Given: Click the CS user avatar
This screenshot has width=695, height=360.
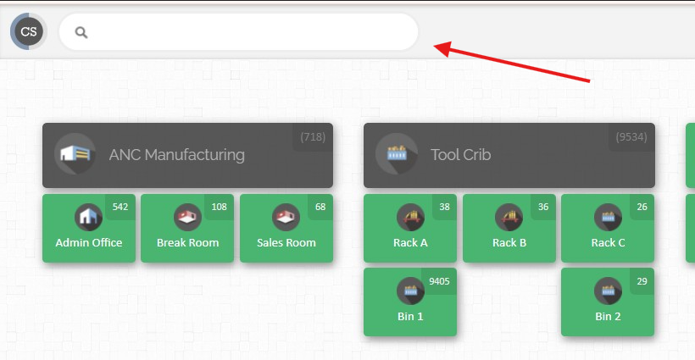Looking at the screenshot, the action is [x=28, y=31].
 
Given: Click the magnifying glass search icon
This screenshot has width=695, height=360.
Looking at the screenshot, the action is [x=81, y=32].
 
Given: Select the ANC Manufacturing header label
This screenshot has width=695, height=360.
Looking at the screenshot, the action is [x=177, y=154].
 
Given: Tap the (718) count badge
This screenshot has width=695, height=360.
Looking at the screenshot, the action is [x=313, y=137].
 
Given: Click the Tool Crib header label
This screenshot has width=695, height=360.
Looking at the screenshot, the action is [x=460, y=154].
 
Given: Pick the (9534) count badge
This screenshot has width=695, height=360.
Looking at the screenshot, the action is [x=631, y=137].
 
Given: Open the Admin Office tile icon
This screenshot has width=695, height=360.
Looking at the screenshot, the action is [x=89, y=217].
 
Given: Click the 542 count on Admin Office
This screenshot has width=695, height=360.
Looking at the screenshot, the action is [x=120, y=207].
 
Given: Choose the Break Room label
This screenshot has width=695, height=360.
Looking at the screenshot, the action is [x=187, y=242].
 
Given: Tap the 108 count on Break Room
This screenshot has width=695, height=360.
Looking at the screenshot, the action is [x=219, y=207].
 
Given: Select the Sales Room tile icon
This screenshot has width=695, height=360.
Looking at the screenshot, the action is [x=286, y=217].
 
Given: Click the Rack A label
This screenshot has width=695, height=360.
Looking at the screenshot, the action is [x=410, y=242].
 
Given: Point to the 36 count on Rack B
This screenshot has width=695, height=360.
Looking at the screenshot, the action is [x=543, y=207].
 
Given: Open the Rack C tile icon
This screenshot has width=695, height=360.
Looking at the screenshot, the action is [x=608, y=217].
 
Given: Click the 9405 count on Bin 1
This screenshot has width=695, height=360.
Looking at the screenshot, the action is [x=439, y=281].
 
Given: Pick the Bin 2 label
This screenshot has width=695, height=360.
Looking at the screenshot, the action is [x=608, y=316].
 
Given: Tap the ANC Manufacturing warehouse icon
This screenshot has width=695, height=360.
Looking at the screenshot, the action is [x=75, y=154].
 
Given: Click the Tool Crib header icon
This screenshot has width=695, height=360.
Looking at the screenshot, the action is [x=397, y=154].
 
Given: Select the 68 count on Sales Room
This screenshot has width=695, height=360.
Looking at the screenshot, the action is [x=320, y=207].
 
